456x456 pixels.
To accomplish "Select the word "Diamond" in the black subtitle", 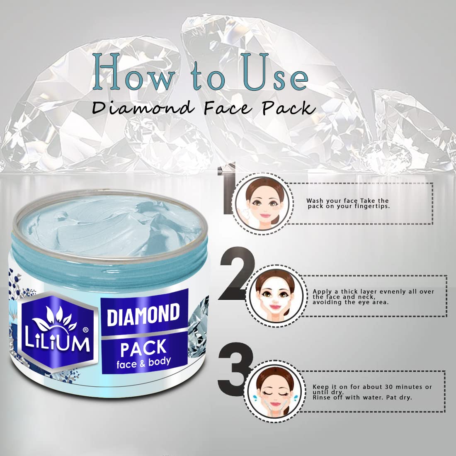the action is pyautogui.click(x=143, y=108).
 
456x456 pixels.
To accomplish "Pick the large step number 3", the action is pyautogui.click(x=235, y=369).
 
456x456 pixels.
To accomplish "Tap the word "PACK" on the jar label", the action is pyautogui.click(x=143, y=348).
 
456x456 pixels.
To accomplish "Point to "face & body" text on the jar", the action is pyautogui.click(x=144, y=363).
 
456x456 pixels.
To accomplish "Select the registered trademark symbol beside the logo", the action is pyautogui.click(x=85, y=330).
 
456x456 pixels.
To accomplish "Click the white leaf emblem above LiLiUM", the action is pyautogui.click(x=54, y=319).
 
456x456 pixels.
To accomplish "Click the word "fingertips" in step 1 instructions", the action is pyautogui.click(x=372, y=206).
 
